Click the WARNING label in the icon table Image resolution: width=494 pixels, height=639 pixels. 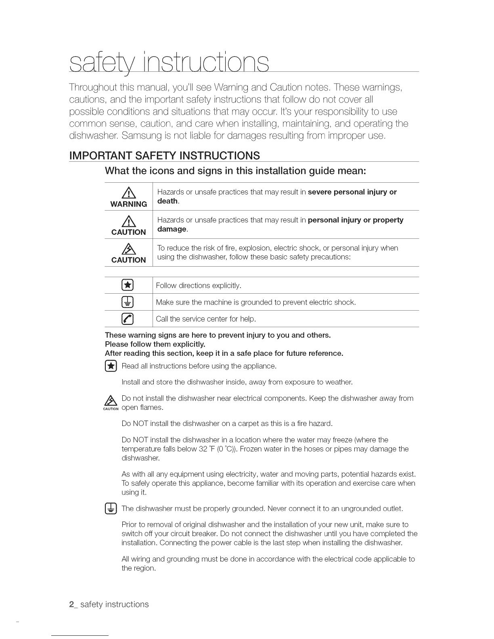pos(129,204)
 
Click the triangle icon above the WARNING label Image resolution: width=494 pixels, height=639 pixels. pos(129,193)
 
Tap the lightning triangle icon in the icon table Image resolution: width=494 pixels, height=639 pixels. pos(128,249)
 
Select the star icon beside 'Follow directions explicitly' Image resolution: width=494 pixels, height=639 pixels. pos(128,285)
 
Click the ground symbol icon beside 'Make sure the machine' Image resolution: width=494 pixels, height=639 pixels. pos(128,302)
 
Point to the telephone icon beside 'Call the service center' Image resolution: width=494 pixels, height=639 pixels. pos(128,319)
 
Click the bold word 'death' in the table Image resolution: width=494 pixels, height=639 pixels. pos(167,201)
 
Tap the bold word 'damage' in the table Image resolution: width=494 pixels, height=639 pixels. pos(172,229)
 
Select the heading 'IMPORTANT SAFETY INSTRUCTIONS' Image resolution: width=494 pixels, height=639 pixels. pos(164,156)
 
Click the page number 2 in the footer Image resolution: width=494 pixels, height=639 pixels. pos(72,604)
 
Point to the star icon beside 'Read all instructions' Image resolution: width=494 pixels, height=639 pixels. pos(111,366)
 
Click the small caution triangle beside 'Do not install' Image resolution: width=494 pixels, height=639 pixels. pos(110,400)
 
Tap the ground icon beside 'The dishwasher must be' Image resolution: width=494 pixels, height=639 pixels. pos(111,508)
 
